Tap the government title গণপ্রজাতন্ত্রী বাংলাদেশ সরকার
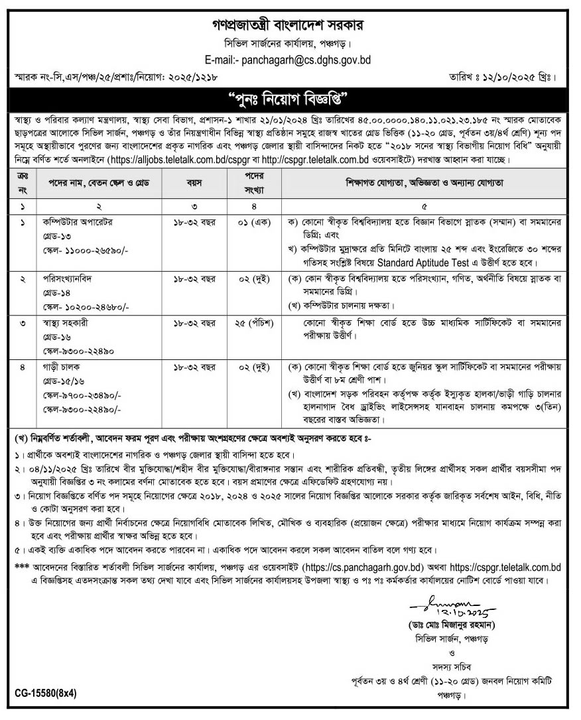[289, 25]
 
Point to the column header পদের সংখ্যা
[247, 180]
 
